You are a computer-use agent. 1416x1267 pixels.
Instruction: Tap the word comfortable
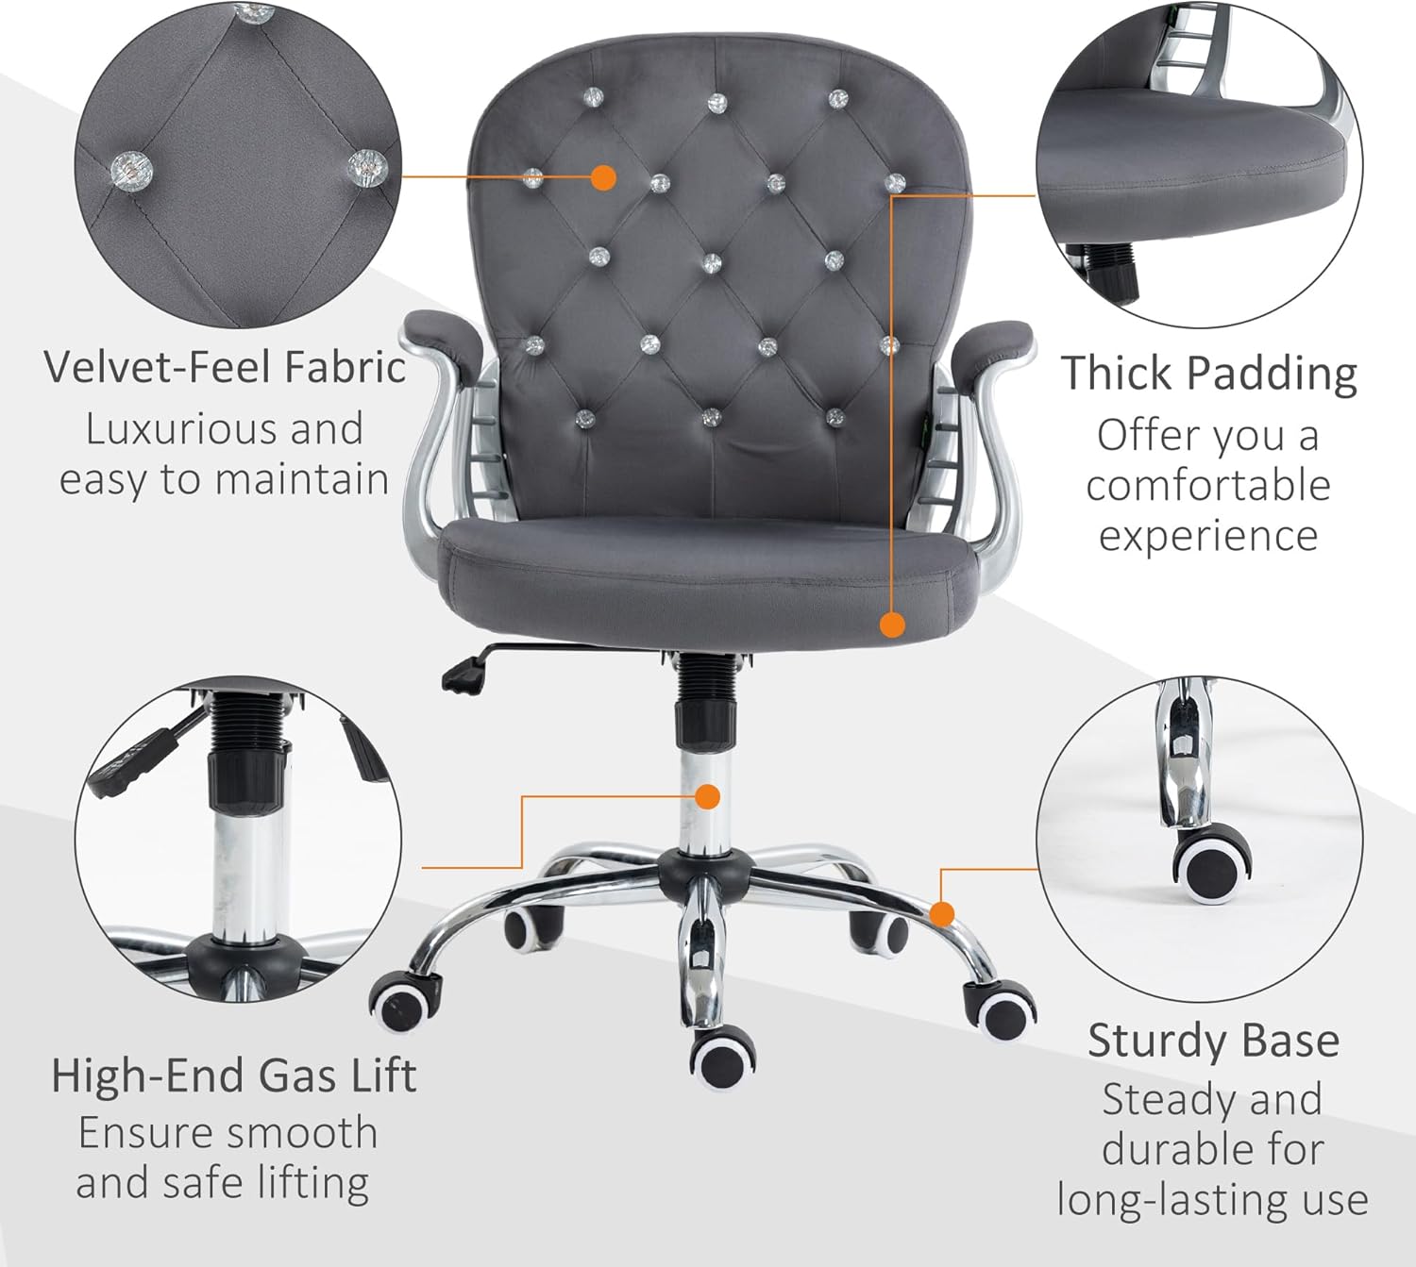click(1207, 486)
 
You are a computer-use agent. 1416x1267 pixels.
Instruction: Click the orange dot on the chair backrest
click(603, 178)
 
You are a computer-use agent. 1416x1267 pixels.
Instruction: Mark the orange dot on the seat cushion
click(892, 625)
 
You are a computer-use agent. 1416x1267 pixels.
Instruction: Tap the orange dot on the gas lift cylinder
click(708, 797)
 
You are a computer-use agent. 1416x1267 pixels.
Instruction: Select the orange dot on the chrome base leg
click(943, 913)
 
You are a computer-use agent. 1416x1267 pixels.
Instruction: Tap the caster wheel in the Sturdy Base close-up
click(1212, 869)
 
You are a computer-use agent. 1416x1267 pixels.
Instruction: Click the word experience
click(1208, 537)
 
